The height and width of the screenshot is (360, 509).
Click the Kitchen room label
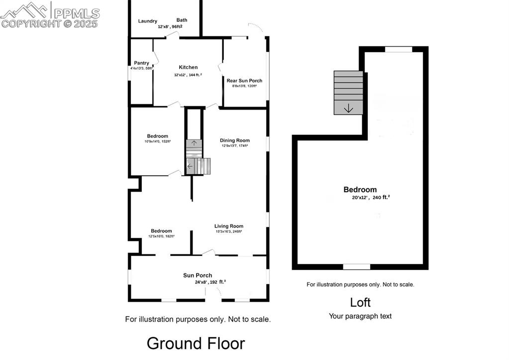pyautogui.click(x=188, y=67)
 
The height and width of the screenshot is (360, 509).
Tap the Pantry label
pyautogui.click(x=141, y=63)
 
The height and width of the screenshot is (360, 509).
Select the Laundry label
pyautogui.click(x=148, y=21)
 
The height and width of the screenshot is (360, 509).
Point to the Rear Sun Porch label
pyautogui.click(x=244, y=80)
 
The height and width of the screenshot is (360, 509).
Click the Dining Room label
pyautogui.click(x=234, y=140)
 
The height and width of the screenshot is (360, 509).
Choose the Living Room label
pyautogui.click(x=228, y=226)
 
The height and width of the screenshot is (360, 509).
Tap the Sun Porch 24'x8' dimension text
pyautogui.click(x=210, y=282)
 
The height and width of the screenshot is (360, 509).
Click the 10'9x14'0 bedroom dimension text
pyautogui.click(x=157, y=141)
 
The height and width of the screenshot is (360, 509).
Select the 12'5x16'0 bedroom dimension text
pyautogui.click(x=161, y=237)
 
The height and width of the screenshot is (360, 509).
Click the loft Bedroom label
pyautogui.click(x=360, y=190)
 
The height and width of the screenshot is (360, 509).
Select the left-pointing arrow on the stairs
pyautogui.click(x=190, y=166)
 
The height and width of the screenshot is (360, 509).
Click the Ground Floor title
pyautogui.click(x=196, y=343)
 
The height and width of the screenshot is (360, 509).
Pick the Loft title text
pyautogui.click(x=360, y=302)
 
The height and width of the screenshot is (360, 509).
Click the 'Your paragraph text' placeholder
pyautogui.click(x=360, y=316)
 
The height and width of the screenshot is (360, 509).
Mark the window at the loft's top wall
pyautogui.click(x=399, y=49)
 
